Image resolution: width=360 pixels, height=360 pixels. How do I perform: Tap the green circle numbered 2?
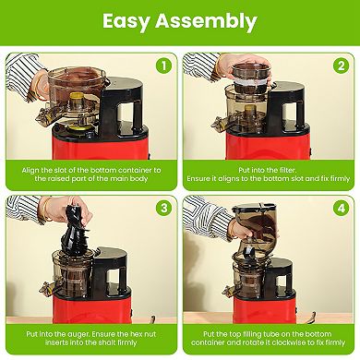tap(340, 66)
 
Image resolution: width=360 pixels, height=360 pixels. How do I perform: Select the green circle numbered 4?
tap(340, 209)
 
